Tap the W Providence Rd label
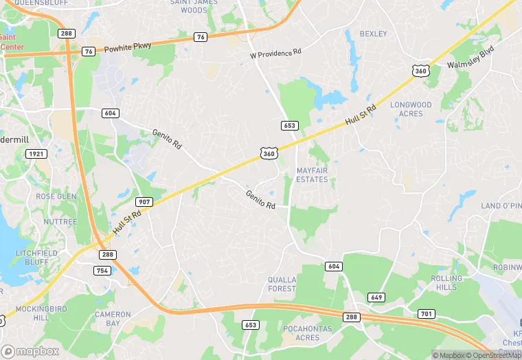(x=275, y=53)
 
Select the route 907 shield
(x=144, y=202)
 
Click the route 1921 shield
(x=36, y=154)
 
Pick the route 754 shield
(x=103, y=270)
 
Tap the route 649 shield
(x=376, y=297)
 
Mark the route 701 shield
(x=427, y=314)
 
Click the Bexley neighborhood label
(x=373, y=34)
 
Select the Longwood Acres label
(x=411, y=109)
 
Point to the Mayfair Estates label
(x=312, y=175)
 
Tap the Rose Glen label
(x=56, y=196)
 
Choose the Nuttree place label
(x=60, y=222)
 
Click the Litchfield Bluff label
(x=36, y=258)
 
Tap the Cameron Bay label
(x=112, y=318)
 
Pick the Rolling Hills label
(x=446, y=283)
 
